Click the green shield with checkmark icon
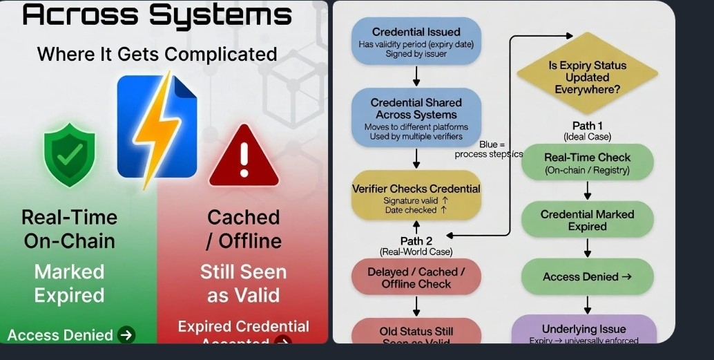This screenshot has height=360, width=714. pyautogui.click(x=69, y=155)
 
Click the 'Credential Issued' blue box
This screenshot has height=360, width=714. pyautogui.click(x=416, y=42)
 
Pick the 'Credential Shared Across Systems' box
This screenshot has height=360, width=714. pyautogui.click(x=416, y=118)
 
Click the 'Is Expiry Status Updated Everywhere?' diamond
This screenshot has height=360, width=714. pyautogui.click(x=587, y=77)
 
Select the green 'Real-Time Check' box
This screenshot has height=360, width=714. pyautogui.click(x=587, y=162)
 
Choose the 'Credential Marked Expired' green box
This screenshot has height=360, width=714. pyautogui.click(x=587, y=220)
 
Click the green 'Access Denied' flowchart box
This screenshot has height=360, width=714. pyautogui.click(x=587, y=276)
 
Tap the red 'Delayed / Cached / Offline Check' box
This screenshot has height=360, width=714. pyautogui.click(x=416, y=278)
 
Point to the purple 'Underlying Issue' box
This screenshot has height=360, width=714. pyautogui.click(x=584, y=332)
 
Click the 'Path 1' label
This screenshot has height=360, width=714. pyautogui.click(x=588, y=125)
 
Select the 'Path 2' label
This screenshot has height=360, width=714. pyautogui.click(x=416, y=240)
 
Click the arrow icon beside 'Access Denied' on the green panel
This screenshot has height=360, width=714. pyautogui.click(x=126, y=335)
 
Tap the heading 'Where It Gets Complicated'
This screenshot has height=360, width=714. pyautogui.click(x=157, y=54)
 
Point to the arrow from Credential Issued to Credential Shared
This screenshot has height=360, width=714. pyautogui.click(x=416, y=75)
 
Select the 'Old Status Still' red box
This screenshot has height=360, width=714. pyautogui.click(x=416, y=332)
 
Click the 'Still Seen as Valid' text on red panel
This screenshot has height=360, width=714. pyautogui.click(x=243, y=283)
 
